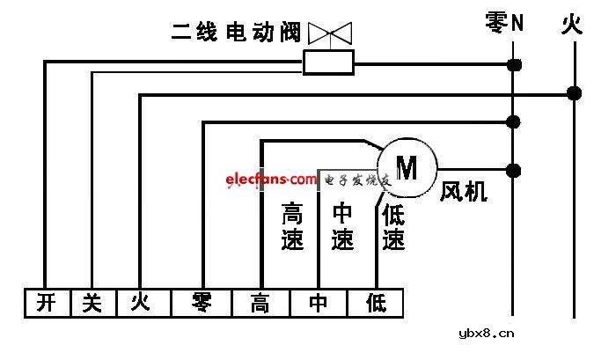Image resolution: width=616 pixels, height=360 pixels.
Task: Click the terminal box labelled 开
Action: (x=46, y=304)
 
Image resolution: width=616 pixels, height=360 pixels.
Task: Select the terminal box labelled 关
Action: (x=92, y=304)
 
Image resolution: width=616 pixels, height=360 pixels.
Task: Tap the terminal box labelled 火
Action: (x=140, y=304)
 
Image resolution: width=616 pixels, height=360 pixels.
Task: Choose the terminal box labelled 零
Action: (x=202, y=304)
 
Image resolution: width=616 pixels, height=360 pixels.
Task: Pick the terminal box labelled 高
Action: (x=260, y=304)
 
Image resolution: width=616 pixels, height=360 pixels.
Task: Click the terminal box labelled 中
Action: (x=319, y=304)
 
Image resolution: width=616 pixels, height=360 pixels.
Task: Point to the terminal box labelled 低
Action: (x=376, y=304)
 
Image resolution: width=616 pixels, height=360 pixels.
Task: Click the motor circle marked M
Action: (x=407, y=165)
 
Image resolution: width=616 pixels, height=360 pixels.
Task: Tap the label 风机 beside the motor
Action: (x=463, y=191)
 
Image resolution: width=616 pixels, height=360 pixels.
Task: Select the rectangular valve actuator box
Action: (x=328, y=62)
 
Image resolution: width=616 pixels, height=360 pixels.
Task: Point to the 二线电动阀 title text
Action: (x=235, y=34)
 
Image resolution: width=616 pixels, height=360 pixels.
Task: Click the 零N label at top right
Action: (x=504, y=23)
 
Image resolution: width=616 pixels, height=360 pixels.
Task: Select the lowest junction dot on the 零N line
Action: (x=513, y=169)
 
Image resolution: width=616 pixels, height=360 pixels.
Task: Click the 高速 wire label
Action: (x=292, y=226)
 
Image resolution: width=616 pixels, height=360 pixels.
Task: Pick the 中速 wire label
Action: (x=341, y=226)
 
